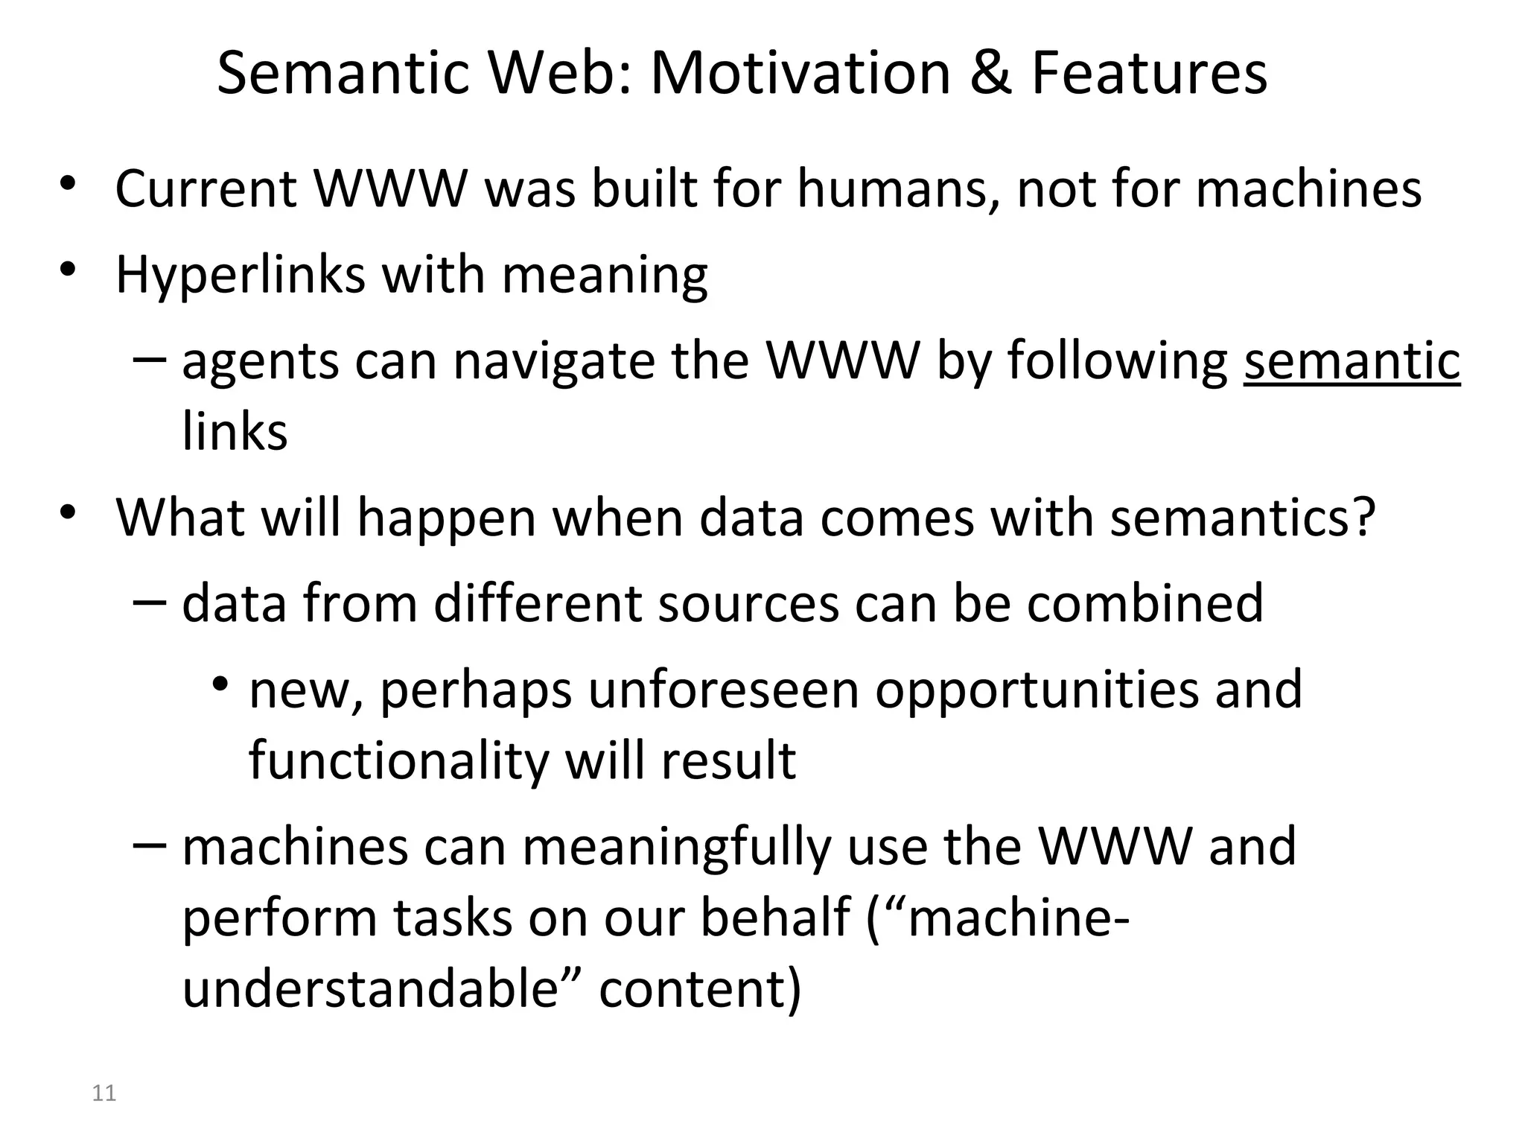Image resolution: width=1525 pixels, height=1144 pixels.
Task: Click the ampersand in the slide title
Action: pos(990,74)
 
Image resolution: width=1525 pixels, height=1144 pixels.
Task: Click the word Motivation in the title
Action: pos(800,74)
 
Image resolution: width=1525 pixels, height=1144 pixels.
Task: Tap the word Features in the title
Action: pos(1149,74)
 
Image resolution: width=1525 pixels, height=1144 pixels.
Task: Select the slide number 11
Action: pos(104,1093)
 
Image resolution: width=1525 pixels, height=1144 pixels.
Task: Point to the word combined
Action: pos(1145,603)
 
